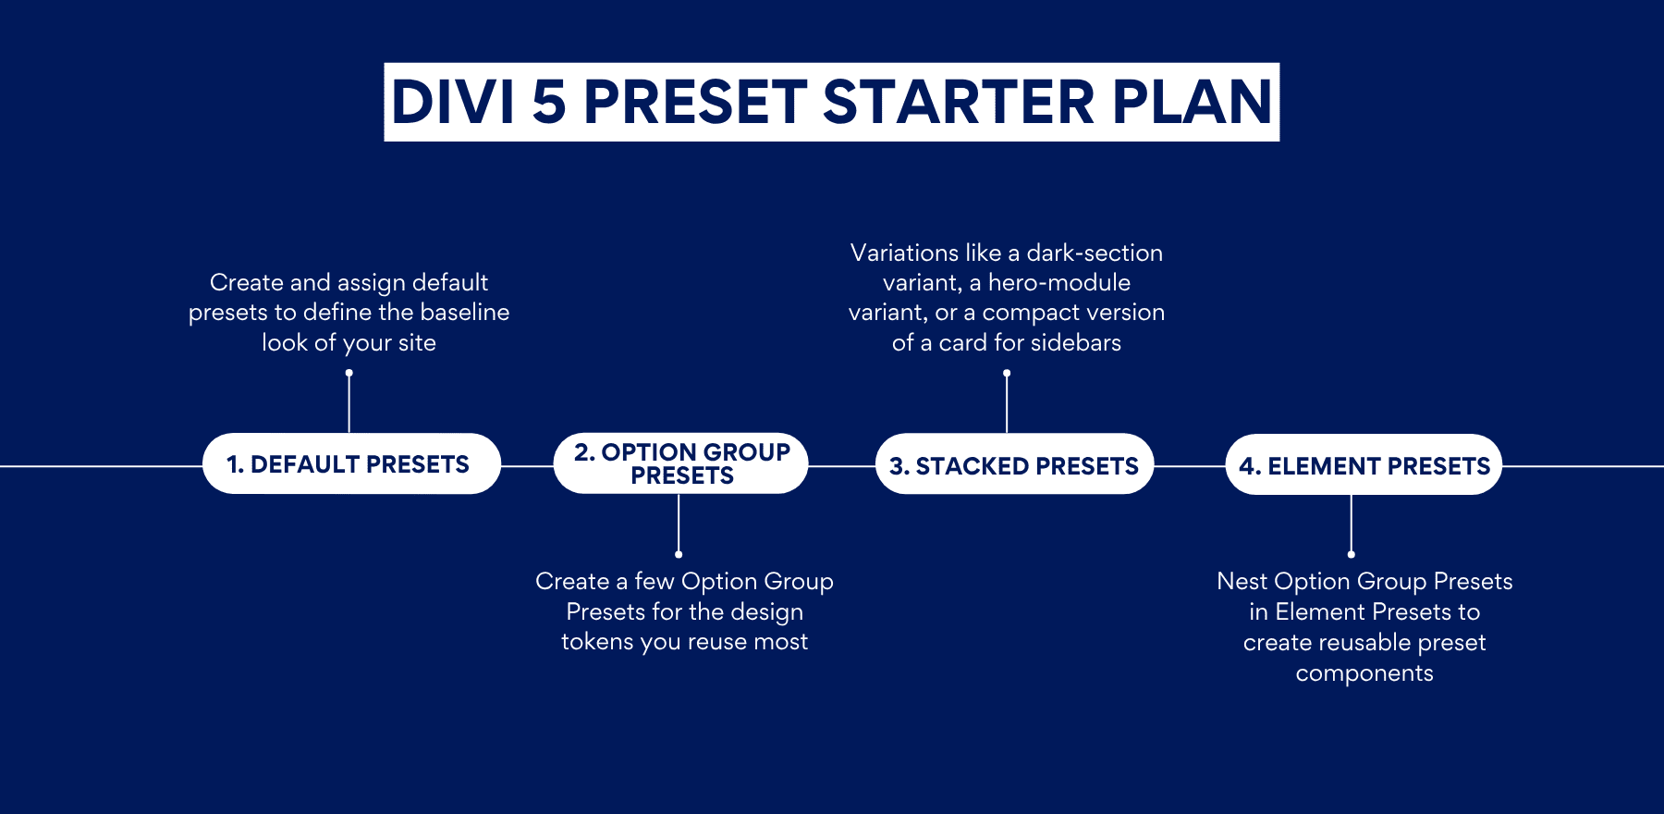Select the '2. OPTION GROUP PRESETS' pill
[680, 463]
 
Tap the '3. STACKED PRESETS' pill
[1014, 465]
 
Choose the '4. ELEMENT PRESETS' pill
[1364, 465]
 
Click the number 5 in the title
[548, 102]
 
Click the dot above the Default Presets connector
[349, 373]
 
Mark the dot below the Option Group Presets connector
[679, 555]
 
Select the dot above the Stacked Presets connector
[1007, 373]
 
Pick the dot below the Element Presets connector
[1352, 555]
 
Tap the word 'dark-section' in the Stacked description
[1095, 253]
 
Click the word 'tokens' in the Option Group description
[597, 642]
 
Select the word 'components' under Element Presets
[1364, 673]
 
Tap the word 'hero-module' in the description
[1059, 283]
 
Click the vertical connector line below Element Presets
[1352, 523]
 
